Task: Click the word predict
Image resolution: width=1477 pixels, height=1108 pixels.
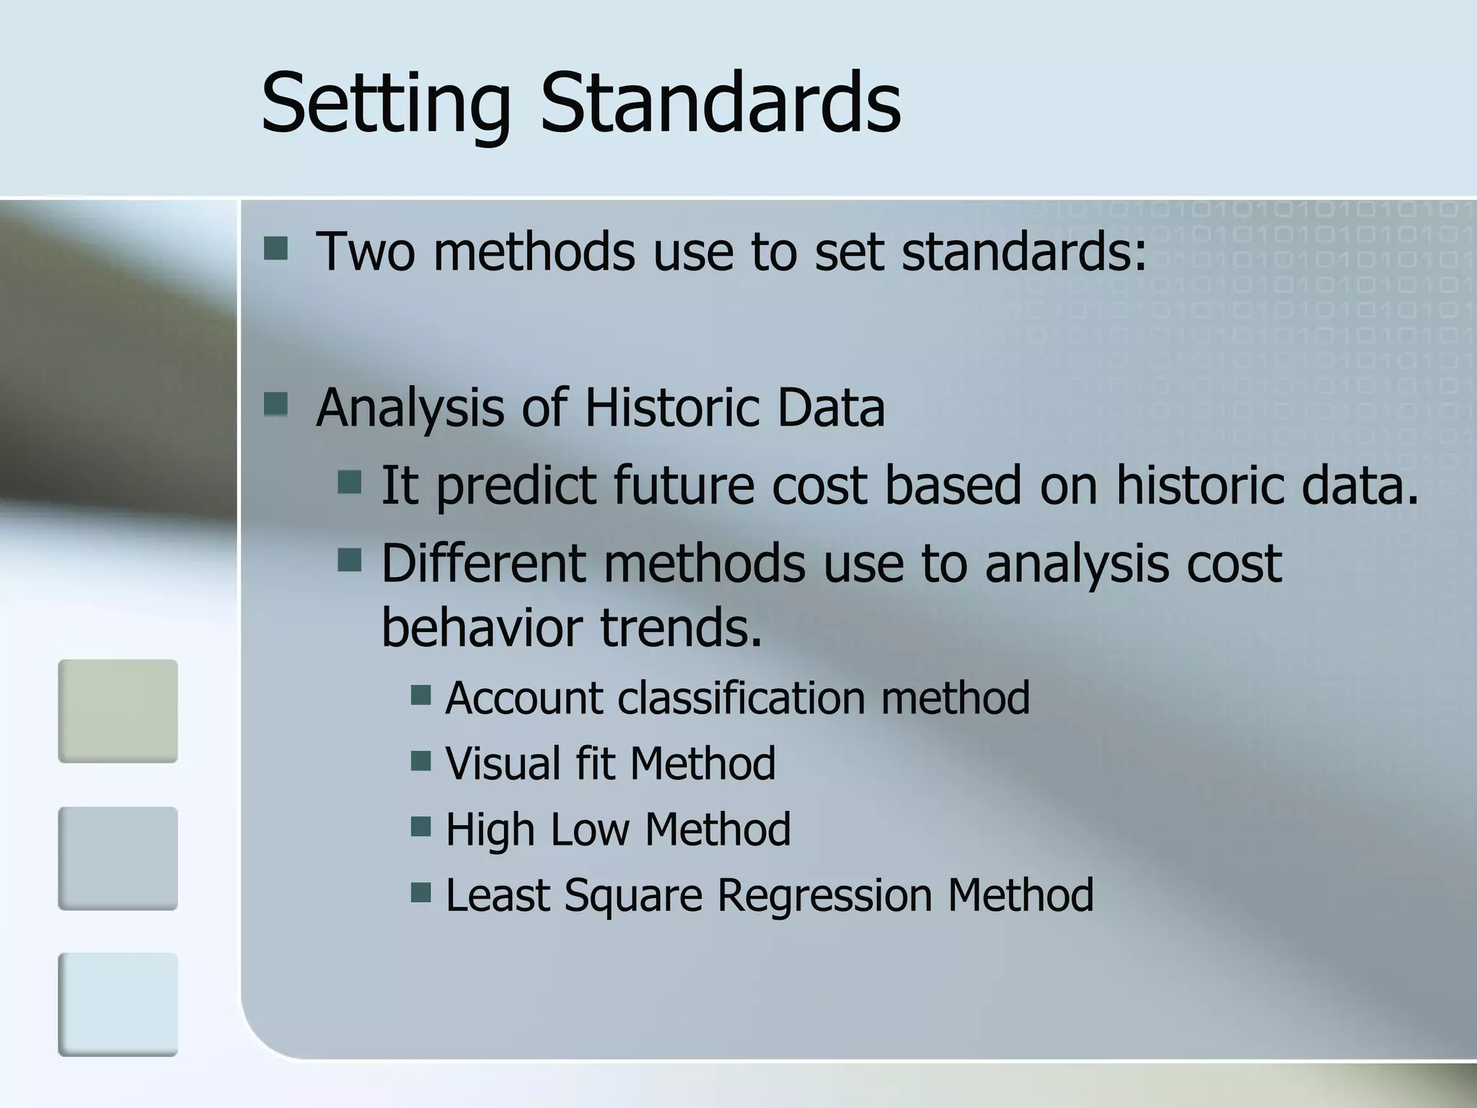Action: coord(516,485)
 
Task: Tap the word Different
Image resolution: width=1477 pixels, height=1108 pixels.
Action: coord(483,563)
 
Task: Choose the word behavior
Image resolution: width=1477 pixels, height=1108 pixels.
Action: coord(482,626)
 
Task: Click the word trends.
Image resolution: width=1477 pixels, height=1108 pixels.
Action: coord(681,626)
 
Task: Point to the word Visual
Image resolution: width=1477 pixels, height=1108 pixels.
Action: coord(502,763)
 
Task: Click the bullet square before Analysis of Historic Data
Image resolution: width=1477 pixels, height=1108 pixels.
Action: coord(276,405)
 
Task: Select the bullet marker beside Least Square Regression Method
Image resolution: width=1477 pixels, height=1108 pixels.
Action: coord(421,892)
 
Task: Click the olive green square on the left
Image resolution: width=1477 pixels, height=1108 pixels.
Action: coord(118,711)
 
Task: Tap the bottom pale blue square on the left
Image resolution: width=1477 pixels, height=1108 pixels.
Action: coord(118,1004)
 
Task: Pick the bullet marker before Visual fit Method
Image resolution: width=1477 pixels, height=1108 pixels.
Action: coord(421,760)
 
